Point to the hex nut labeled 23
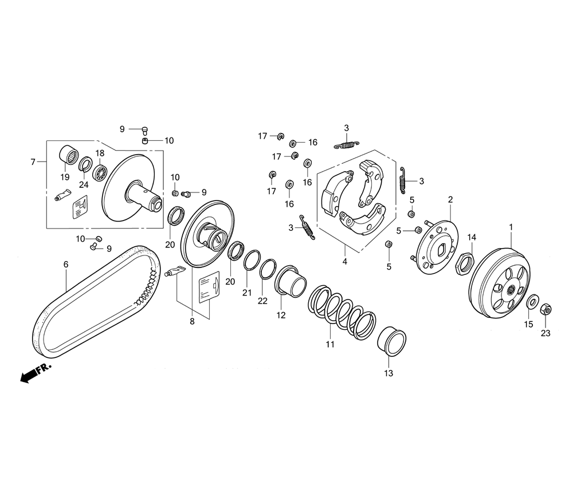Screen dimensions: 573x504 [545, 309]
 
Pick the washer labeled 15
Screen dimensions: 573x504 [532, 302]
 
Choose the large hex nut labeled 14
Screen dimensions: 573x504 [465, 263]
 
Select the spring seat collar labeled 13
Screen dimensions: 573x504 [391, 341]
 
